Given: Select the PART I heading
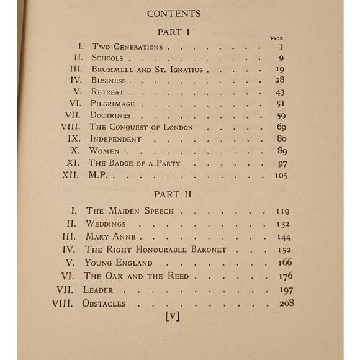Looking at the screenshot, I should pos(180,31).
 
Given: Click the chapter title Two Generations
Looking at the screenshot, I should pos(127,47).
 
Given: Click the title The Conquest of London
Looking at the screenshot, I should pos(142,127).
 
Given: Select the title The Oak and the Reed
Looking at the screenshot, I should pos(137,276).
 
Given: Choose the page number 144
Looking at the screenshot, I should pos(283,236).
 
